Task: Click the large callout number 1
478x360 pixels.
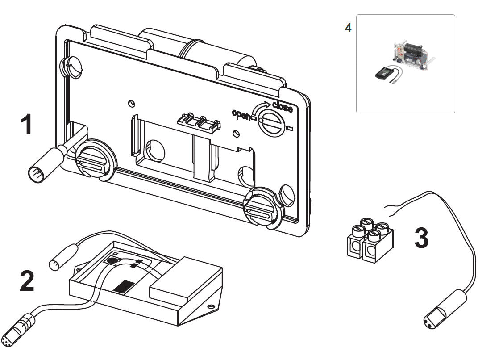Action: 27,125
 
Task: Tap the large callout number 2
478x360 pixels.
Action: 26,281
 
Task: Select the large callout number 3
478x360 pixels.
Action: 421,238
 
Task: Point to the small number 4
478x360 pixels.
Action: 348,28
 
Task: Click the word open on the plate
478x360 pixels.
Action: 241,113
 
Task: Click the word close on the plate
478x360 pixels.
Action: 282,108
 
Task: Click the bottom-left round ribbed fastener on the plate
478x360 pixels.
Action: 95,159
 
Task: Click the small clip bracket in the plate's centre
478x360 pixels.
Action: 199,121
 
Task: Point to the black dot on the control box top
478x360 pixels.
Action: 112,260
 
